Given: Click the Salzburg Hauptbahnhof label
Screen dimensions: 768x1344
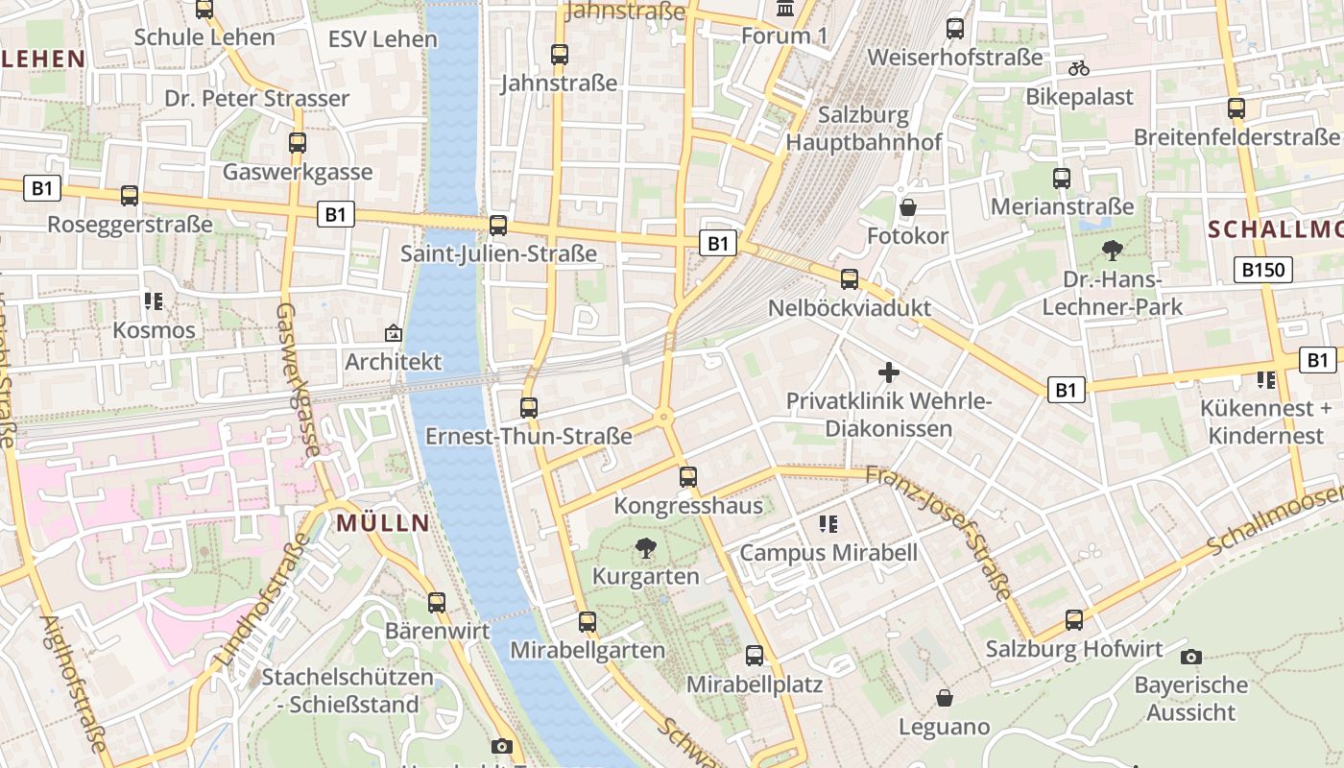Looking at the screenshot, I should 864,129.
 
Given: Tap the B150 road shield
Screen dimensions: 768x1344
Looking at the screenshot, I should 1262,270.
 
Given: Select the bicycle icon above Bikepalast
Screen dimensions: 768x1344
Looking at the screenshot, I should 1079,68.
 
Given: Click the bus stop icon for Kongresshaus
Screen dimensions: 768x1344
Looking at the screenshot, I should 687,476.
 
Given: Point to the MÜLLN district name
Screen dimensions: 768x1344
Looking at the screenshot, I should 383,523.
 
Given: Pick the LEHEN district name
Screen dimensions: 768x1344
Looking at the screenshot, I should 44,59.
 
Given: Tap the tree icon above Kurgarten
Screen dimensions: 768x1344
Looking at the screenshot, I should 646,548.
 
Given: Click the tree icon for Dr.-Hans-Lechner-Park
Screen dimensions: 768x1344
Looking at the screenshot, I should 1113,251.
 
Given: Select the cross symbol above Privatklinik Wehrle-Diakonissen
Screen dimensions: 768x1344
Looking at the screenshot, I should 889,372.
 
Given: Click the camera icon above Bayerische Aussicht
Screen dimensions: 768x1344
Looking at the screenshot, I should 1191,657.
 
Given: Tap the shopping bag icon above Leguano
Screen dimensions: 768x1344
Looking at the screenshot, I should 945,697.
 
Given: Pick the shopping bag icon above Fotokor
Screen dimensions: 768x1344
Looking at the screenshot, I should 907,207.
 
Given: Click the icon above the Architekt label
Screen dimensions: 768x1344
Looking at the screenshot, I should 393,333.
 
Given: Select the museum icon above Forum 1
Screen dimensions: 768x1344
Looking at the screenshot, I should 784,9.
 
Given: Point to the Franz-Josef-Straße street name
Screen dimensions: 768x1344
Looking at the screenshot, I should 939,533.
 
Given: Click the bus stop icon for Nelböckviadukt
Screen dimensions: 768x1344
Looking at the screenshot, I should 850,279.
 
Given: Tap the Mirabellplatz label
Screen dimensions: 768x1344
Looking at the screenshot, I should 754,684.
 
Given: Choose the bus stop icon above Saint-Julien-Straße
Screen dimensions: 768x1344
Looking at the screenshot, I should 498,226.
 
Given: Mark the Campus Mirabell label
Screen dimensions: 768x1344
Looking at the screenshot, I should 828,553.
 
